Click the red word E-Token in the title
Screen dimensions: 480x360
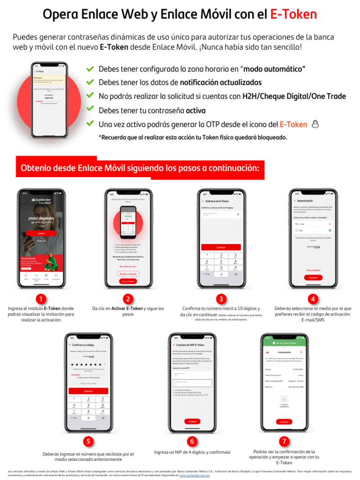pyautogui.click(x=293, y=15)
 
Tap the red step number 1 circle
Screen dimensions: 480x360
pyautogui.click(x=41, y=299)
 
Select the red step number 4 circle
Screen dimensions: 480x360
pyautogui.click(x=313, y=299)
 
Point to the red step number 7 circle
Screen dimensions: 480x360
pyautogui.click(x=284, y=441)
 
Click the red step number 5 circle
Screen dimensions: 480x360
pyautogui.click(x=88, y=441)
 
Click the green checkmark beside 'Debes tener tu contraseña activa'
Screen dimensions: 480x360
pyautogui.click(x=90, y=110)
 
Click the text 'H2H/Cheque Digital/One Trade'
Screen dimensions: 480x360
pyautogui.click(x=294, y=97)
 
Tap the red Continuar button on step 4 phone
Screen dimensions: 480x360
pyautogui.click(x=313, y=277)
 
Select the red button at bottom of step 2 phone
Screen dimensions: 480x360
pyautogui.click(x=128, y=281)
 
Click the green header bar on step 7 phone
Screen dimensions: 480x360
pyautogui.click(x=284, y=343)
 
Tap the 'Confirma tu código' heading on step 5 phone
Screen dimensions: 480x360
pyautogui.click(x=82, y=345)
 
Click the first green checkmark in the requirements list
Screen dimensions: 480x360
pyautogui.click(x=90, y=69)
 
